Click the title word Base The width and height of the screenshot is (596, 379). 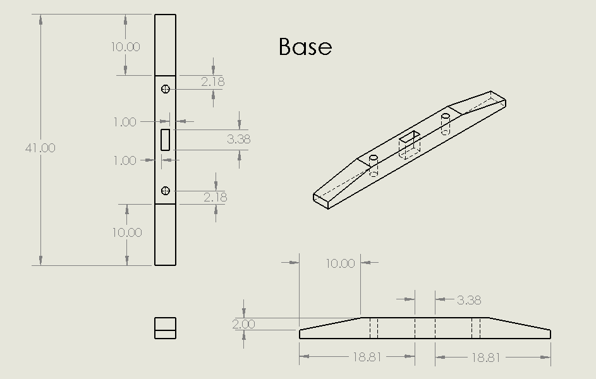(305, 47)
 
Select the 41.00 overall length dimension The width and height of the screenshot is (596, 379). (40, 148)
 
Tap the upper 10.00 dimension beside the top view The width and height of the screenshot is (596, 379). (126, 47)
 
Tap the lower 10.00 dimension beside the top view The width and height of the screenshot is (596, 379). (127, 232)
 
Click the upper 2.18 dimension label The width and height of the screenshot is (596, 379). (213, 81)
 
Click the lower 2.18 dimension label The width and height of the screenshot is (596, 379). (215, 197)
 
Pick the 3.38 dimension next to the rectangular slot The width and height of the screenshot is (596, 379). (238, 139)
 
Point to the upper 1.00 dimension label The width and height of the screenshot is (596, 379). (125, 122)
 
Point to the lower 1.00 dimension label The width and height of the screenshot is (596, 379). (125, 160)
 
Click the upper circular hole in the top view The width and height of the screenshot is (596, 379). (166, 89)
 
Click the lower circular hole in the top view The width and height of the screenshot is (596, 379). (166, 191)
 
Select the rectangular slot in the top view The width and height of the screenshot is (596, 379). (166, 140)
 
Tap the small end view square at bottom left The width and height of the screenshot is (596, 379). (165, 328)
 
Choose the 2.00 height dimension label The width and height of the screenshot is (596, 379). (243, 324)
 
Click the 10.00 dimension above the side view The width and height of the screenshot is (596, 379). (340, 263)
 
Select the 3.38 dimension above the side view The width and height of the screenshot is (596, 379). (468, 300)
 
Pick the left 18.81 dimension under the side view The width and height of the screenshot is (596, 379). (367, 357)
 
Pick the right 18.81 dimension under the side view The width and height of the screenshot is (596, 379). (485, 357)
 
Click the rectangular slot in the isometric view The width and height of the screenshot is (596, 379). (410, 143)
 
